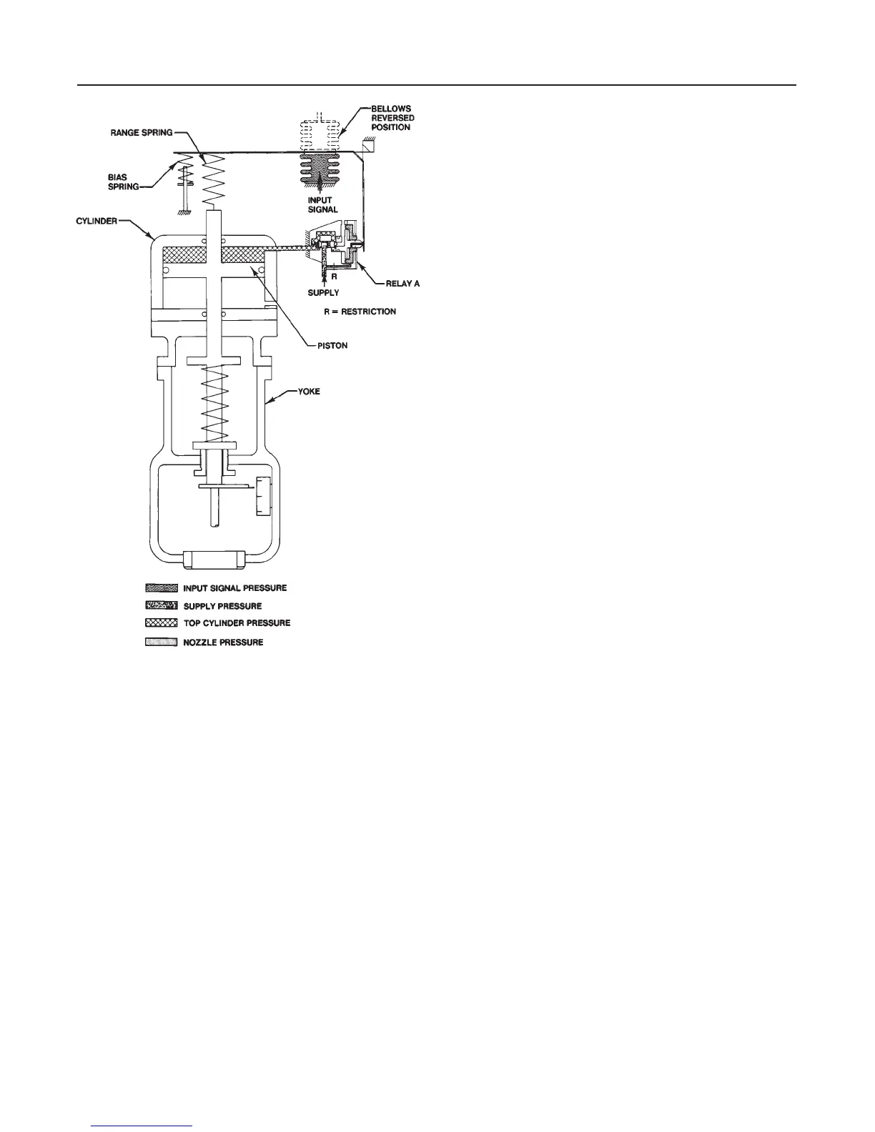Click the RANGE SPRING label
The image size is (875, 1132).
142,134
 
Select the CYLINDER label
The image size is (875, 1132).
97,222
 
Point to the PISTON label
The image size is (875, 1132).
333,346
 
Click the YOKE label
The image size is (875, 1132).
309,392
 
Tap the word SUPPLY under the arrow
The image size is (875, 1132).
323,293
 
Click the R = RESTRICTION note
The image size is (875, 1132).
360,312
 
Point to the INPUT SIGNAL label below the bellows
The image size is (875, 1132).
322,205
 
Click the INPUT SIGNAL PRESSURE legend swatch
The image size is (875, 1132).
161,588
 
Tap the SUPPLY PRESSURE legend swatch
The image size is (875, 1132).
161,606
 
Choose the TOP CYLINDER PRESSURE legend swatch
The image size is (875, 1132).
161,623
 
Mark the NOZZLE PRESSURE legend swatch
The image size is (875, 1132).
161,642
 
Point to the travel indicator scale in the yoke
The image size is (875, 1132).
265,495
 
